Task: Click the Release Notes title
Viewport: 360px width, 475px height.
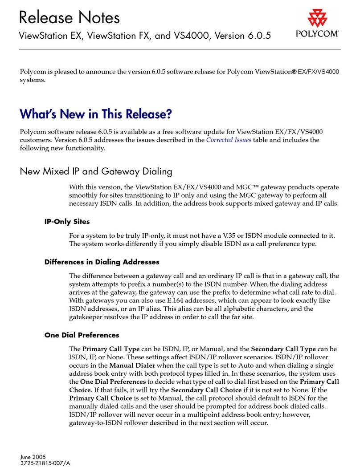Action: pos(70,17)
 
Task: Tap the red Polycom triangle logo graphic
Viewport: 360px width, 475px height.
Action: pos(317,18)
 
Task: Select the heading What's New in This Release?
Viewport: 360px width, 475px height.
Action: pos(96,114)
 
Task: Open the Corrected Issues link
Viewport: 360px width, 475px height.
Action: pos(229,140)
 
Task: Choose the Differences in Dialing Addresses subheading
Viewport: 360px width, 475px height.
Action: pos(102,262)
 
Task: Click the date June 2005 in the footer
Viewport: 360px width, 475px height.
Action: pos(34,456)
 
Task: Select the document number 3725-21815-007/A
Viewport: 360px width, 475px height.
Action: pos(45,463)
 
